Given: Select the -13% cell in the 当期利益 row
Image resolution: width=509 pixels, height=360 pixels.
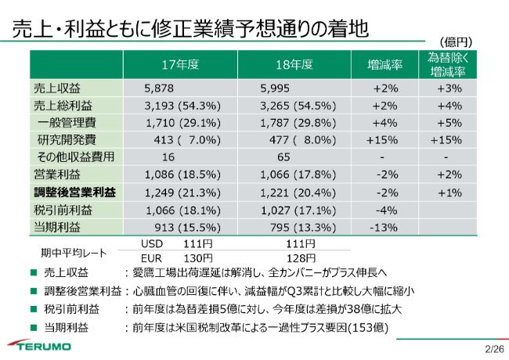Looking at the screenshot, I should [x=387, y=227].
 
